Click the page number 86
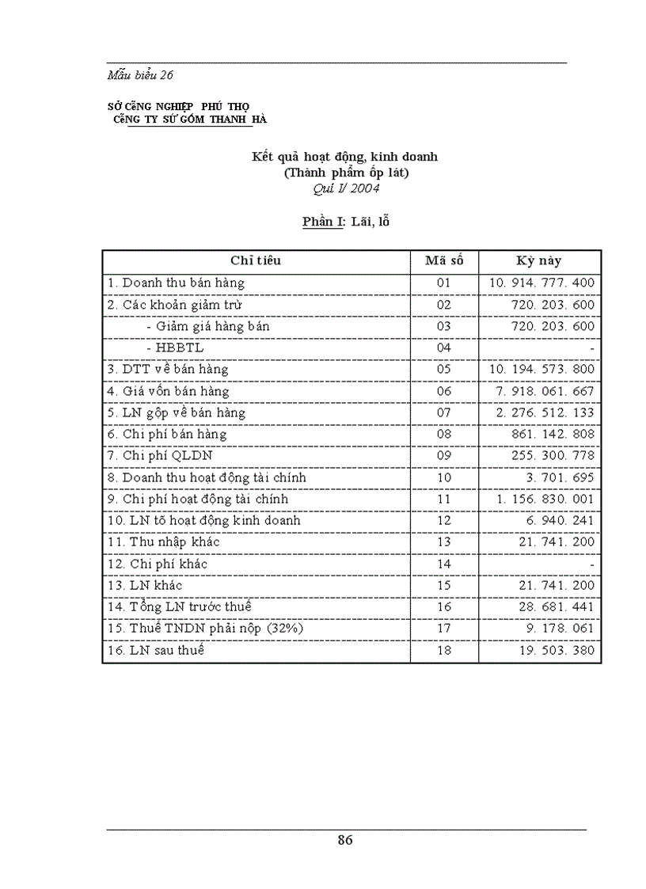point(344,840)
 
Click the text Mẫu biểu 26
point(140,75)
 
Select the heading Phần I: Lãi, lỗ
point(345,222)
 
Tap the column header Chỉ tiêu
point(256,261)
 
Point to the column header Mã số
point(443,261)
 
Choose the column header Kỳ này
point(538,261)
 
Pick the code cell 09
point(443,456)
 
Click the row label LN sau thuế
point(155,650)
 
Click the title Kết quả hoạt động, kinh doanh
point(344,157)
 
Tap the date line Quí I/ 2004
point(344,188)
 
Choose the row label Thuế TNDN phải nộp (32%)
point(195,629)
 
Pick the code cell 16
point(443,607)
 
